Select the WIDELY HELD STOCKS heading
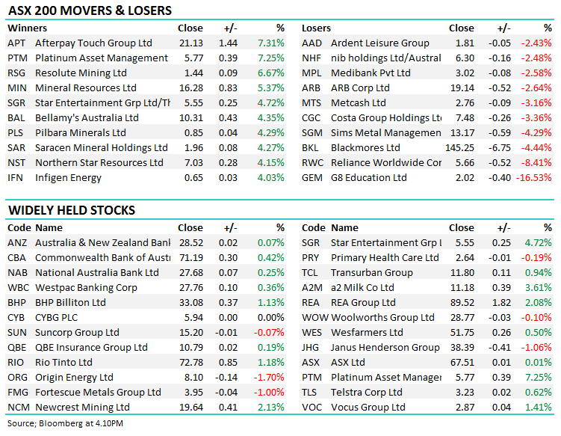pyautogui.click(x=71, y=210)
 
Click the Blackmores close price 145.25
pyautogui.click(x=459, y=148)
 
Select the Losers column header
pyautogui.click(x=316, y=28)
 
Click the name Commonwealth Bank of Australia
pyautogui.click(x=103, y=258)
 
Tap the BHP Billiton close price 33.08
pyautogui.click(x=190, y=303)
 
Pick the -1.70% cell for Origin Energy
pyautogui.click(x=270, y=378)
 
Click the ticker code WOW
pyautogui.click(x=314, y=318)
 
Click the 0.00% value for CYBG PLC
pyautogui.click(x=271, y=318)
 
